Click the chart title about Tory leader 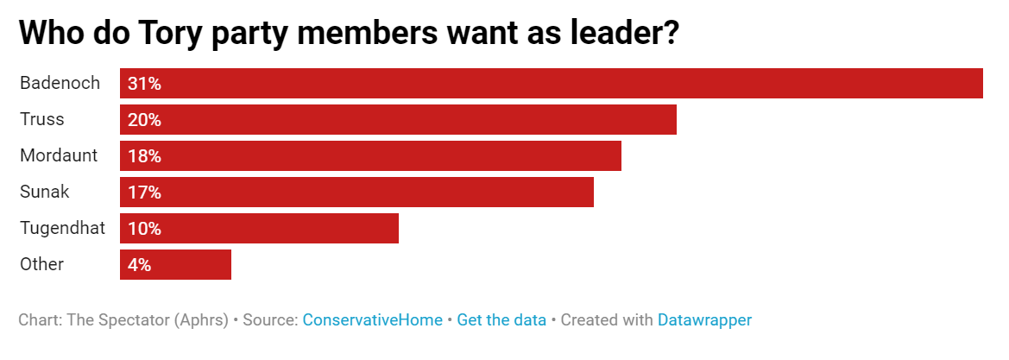[349, 33]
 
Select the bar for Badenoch [552, 83]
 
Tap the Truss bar [398, 120]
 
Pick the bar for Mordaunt [370, 156]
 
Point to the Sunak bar [357, 192]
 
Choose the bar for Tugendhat [259, 228]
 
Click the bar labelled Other [176, 265]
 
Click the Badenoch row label [60, 83]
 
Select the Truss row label [41, 120]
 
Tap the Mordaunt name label [59, 156]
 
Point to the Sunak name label [44, 192]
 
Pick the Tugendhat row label [62, 229]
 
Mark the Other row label [41, 265]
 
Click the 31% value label [144, 83]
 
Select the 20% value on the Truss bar [144, 120]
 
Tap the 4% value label [139, 265]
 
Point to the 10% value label [144, 229]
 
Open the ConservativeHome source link [373, 320]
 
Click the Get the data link [501, 320]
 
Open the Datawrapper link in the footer [704, 320]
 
